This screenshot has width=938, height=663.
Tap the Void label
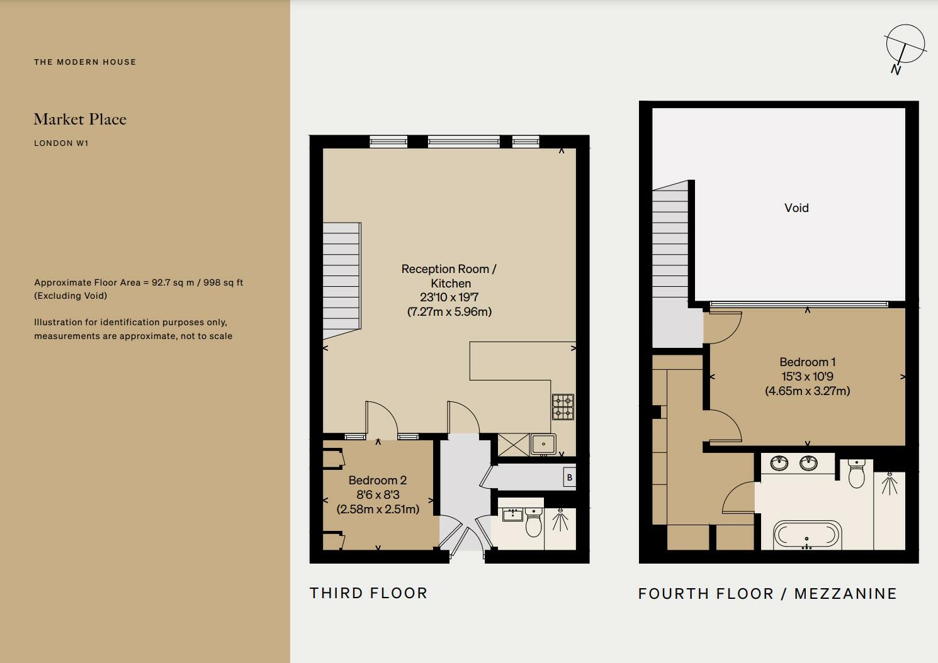click(x=796, y=208)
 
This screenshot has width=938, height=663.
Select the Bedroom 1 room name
click(x=807, y=362)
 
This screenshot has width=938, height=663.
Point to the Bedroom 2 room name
click(x=377, y=480)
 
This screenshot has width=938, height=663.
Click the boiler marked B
click(x=569, y=477)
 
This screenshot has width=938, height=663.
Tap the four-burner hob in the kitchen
click(x=563, y=406)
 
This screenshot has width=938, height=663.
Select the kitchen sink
click(x=543, y=444)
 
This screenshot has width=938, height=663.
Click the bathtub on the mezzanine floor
click(x=806, y=535)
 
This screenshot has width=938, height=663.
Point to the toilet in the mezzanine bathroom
click(x=856, y=474)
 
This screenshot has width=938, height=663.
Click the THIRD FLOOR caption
click(x=368, y=593)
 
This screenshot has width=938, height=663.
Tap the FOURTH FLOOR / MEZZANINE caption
click(x=767, y=594)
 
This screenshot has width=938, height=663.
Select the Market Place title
click(x=80, y=120)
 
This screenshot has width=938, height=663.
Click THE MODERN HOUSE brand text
click(x=85, y=62)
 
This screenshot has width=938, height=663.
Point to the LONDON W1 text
click(x=61, y=143)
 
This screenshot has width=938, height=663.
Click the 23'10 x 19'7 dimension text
click(x=449, y=298)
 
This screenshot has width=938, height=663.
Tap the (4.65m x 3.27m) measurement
click(x=807, y=391)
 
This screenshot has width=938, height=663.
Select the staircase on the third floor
click(x=342, y=281)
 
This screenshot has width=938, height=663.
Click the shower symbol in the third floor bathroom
click(x=560, y=520)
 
